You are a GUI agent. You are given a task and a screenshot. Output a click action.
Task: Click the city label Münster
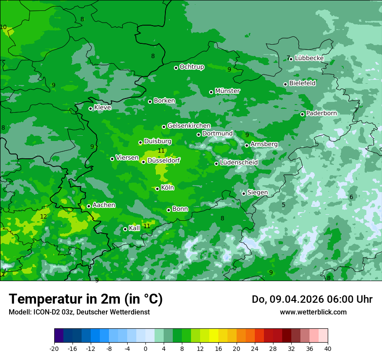click(227, 91)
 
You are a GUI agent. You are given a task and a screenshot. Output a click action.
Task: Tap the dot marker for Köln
click(157, 189)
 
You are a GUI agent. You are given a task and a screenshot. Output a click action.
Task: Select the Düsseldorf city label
click(164, 160)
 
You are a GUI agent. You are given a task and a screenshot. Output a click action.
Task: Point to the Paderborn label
click(321, 113)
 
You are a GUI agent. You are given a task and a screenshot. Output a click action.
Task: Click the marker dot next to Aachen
click(89, 206)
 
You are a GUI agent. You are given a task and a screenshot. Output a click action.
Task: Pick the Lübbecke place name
click(309, 58)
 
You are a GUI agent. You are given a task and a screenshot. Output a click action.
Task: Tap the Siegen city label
click(257, 193)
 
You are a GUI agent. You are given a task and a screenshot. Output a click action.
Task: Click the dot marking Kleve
click(90, 108)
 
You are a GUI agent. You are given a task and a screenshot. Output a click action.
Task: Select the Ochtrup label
click(191, 67)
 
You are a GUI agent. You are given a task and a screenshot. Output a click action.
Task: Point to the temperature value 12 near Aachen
click(43, 216)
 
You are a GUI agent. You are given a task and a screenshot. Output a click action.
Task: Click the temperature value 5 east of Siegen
click(283, 205)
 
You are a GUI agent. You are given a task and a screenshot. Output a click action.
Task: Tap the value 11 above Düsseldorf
click(161, 151)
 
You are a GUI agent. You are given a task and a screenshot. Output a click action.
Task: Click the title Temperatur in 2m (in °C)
click(86, 299)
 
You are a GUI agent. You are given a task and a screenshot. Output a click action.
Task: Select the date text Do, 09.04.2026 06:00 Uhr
click(312, 299)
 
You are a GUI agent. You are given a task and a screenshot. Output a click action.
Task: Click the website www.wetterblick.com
click(313, 312)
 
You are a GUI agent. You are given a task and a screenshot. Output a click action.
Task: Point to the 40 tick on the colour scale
click(328, 348)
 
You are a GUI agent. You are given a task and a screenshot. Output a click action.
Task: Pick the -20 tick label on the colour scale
click(54, 348)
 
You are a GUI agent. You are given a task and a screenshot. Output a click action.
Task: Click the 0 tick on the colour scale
click(145, 348)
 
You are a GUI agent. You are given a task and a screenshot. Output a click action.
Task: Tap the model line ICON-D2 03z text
click(79, 312)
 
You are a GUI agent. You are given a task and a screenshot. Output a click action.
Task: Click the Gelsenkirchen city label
click(189, 126)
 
